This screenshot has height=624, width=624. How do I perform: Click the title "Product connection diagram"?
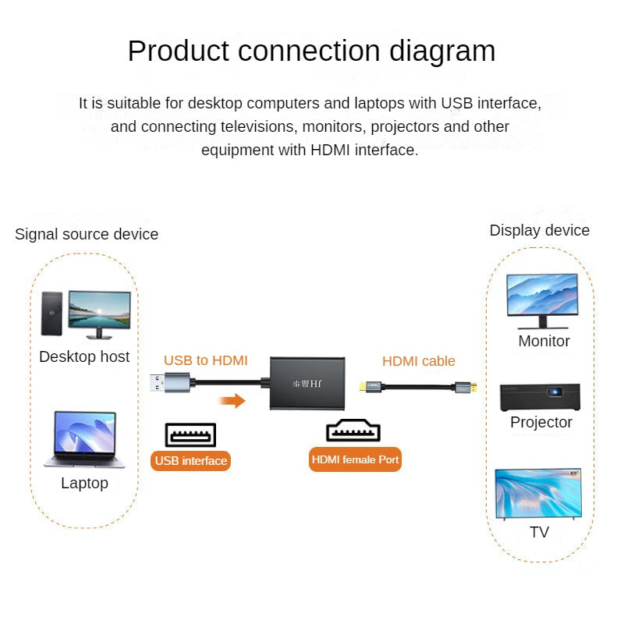click(x=311, y=51)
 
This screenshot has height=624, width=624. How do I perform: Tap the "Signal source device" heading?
click(x=87, y=234)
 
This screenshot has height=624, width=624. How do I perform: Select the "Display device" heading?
click(x=539, y=230)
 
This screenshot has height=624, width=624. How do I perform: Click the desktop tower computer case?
click(x=51, y=314)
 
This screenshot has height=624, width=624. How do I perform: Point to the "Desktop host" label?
click(x=84, y=357)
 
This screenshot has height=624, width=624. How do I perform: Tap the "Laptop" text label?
click(x=84, y=483)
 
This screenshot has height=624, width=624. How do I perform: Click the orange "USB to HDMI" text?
click(x=205, y=360)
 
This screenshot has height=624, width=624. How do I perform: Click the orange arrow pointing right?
click(x=232, y=401)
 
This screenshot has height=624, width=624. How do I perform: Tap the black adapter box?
click(x=307, y=383)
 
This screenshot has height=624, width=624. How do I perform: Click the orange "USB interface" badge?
click(x=190, y=460)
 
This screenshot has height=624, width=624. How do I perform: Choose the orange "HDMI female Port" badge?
click(x=355, y=459)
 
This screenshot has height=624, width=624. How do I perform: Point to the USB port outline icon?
click(x=190, y=434)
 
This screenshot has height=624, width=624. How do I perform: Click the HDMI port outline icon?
click(x=353, y=431)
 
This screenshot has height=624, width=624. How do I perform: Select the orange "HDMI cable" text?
click(x=418, y=361)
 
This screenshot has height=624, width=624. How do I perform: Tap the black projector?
click(x=541, y=397)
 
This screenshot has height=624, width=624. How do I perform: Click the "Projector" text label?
click(x=541, y=422)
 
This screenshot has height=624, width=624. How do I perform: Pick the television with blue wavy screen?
click(x=538, y=494)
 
